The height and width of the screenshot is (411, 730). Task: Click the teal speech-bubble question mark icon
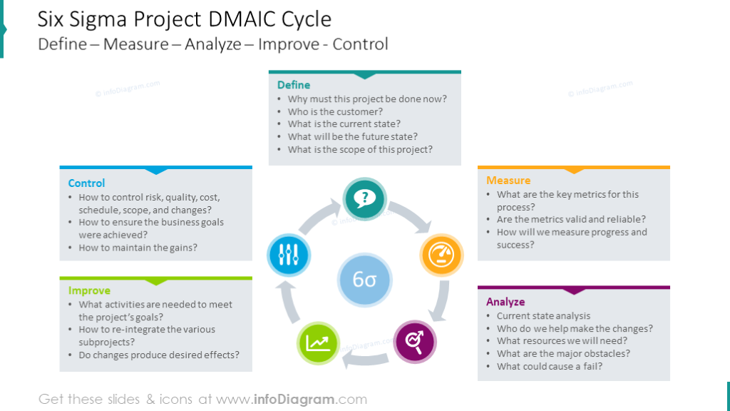[365, 198]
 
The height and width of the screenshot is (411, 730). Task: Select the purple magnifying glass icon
[415, 342]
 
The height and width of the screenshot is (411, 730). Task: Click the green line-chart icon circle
[317, 343]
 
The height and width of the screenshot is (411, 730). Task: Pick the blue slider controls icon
[289, 254]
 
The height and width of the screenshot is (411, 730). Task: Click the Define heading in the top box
[294, 85]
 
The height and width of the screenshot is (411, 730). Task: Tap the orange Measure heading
[508, 181]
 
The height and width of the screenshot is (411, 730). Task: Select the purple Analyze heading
[505, 302]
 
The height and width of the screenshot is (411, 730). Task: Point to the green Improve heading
[89, 290]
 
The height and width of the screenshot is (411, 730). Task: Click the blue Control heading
[86, 183]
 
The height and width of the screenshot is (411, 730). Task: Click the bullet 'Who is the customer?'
[335, 112]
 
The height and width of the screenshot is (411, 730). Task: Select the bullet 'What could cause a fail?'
[550, 367]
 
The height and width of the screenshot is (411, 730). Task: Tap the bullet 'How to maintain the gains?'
[138, 248]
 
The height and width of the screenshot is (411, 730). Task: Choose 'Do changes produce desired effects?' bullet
[159, 355]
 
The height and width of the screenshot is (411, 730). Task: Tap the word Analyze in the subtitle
[211, 44]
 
